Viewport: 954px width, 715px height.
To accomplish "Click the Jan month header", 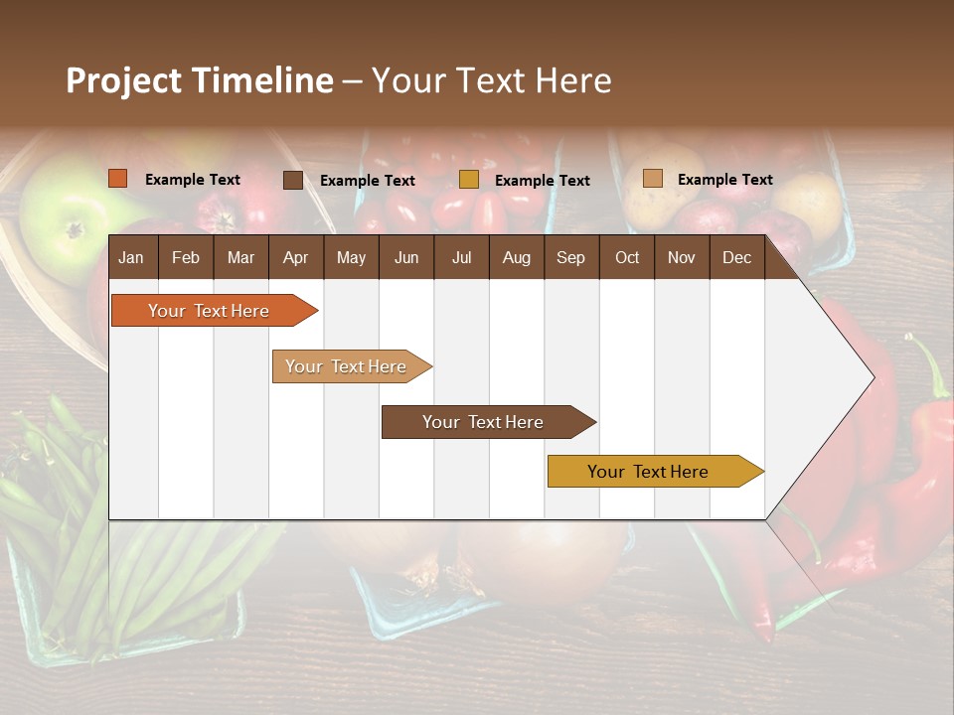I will pos(131,257).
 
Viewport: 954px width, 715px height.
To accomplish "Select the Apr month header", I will pos(295,257).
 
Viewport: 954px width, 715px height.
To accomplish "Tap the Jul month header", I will pos(461,257).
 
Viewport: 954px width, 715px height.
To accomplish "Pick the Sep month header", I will pos(570,257).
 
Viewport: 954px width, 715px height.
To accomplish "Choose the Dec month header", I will pos(736,257).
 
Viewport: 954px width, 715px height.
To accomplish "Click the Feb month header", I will pos(186,257).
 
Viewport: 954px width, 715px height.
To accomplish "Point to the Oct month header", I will pos(627,257).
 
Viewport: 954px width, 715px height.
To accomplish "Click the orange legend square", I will pos(117,179).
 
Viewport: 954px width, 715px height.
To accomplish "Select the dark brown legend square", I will pos(292,180).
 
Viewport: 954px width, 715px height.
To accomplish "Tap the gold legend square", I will pos(468,180).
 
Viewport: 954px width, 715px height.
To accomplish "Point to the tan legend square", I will pos(652,179).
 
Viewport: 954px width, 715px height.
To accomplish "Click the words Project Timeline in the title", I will pos(199,80).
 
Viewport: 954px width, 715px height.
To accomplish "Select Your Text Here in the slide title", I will pos(491,80).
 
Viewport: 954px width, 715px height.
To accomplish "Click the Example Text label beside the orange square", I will pos(193,180).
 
